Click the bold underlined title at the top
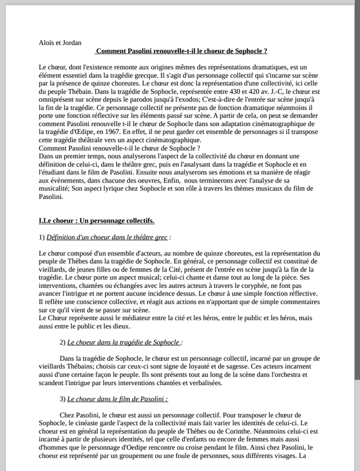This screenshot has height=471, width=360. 181,52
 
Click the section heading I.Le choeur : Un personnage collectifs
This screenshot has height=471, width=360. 95,221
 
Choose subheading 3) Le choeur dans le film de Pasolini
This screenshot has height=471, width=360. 114,398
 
